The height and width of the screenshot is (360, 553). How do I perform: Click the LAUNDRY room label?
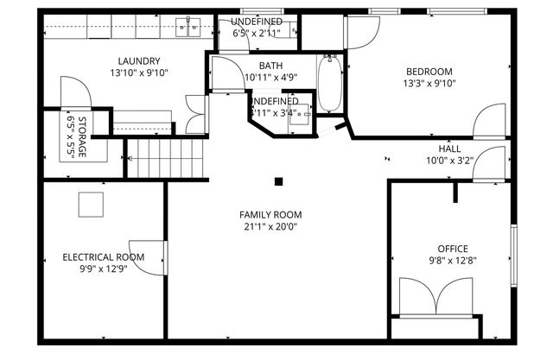[138, 60]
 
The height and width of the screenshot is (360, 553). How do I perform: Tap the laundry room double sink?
[188, 28]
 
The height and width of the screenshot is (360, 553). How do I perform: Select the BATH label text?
[270, 65]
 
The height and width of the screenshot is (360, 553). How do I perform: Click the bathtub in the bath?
[329, 84]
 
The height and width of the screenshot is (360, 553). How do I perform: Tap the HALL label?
[449, 148]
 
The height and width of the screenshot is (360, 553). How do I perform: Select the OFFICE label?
[453, 249]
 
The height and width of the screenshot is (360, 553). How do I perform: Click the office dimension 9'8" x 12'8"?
[453, 261]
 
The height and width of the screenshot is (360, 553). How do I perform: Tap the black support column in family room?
[279, 181]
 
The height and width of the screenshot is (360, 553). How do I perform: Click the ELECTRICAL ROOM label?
[103, 256]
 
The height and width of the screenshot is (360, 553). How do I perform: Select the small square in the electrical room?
[90, 205]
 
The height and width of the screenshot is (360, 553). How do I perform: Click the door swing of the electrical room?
[151, 256]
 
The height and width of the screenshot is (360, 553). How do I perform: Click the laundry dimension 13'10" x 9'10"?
[138, 73]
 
